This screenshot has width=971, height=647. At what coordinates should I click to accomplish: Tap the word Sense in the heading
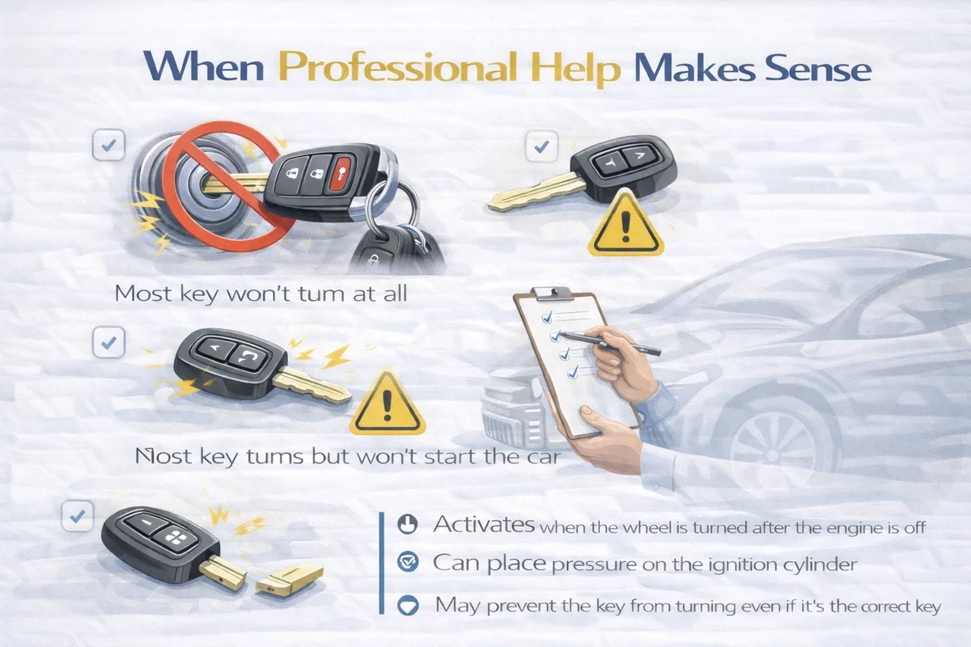coord(818,69)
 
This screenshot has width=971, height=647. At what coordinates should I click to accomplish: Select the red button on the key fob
coord(340,174)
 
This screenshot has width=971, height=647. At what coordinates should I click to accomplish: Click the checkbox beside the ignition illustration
coord(108,145)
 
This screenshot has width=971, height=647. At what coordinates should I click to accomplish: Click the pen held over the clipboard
coord(611,342)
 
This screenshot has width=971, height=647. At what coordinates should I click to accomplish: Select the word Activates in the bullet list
coord(483,524)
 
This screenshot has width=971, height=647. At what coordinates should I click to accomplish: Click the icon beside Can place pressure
coord(408,562)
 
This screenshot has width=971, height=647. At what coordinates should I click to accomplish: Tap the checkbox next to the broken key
coord(78,516)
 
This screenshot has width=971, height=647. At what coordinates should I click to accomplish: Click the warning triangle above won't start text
coord(387,404)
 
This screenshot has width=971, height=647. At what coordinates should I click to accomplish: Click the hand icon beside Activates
coord(408,524)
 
